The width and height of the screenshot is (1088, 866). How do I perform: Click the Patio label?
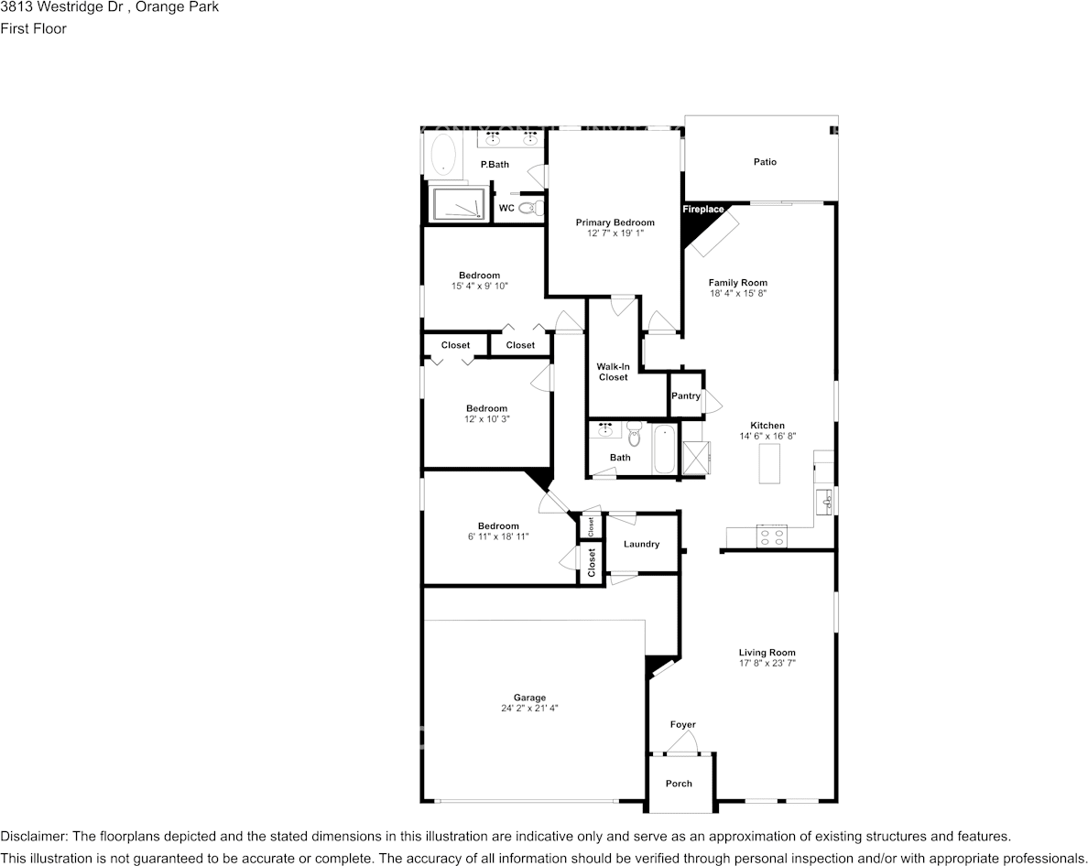[765, 162]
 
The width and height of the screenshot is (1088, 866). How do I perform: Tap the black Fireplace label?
[702, 210]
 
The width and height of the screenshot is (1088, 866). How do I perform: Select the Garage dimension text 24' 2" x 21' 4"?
[529, 708]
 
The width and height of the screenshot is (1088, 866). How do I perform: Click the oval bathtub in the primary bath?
[443, 154]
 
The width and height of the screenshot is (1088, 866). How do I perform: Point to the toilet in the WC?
[528, 209]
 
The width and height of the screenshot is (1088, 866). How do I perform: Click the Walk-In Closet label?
[613, 372]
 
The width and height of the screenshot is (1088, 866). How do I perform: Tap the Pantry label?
[685, 396]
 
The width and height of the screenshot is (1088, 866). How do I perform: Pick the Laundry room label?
[641, 544]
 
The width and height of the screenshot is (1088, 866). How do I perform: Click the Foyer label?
[682, 725]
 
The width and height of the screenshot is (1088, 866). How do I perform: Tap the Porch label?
[679, 784]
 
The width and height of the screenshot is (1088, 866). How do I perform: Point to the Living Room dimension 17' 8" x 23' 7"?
[767, 663]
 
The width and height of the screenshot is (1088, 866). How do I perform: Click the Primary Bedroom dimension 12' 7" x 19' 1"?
[615, 233]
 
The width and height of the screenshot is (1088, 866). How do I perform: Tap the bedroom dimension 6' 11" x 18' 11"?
[497, 536]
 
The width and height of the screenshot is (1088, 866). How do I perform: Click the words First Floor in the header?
[33, 28]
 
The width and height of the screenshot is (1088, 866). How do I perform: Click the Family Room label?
[737, 283]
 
